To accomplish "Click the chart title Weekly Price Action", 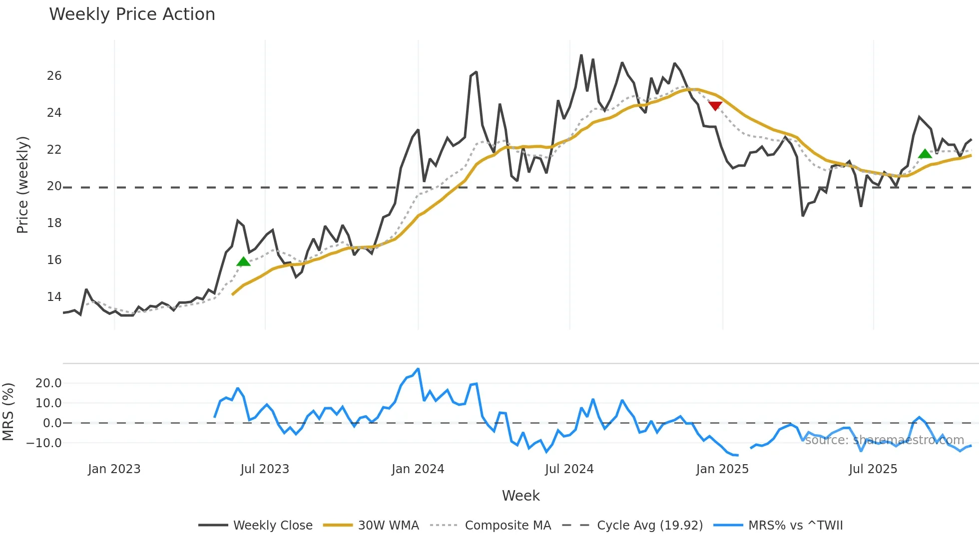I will [x=132, y=14].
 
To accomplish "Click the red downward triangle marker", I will [x=715, y=106].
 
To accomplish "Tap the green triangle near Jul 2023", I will [x=243, y=262].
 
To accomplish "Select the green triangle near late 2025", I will [x=925, y=154].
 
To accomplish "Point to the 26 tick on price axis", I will [x=54, y=76].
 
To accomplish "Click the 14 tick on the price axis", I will [x=54, y=297].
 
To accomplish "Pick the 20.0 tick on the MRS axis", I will [x=48, y=383].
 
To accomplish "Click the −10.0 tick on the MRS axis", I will [x=44, y=443].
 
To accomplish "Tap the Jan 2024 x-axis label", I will [x=418, y=469].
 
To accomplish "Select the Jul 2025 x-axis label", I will [x=873, y=469].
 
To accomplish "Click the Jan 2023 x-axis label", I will [x=114, y=469].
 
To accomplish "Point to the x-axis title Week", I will [x=520, y=496].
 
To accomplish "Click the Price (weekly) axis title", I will [x=22, y=185].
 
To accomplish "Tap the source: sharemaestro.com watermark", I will [x=884, y=440].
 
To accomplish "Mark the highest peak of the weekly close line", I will [x=581, y=55].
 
